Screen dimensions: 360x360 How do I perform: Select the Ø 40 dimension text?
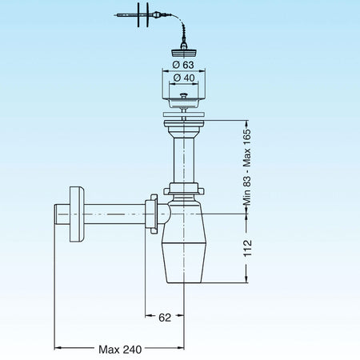pos(183,78)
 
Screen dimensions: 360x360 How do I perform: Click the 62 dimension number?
pos(164,318)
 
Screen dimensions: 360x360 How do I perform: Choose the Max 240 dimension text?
pos(122,349)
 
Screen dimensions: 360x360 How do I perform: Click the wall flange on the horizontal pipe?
pos(78,214)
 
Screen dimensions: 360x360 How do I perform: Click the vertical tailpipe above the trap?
pos(183,156)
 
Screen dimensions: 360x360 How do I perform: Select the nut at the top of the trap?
pos(183,192)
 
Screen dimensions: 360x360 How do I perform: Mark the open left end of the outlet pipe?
pos(56,214)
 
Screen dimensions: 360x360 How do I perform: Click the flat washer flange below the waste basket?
pos(183,115)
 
